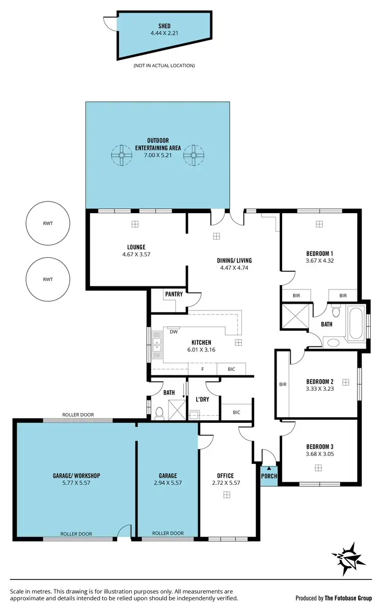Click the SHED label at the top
pos(163,26)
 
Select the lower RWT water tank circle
pos(48,279)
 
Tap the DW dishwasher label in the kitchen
pos(173,332)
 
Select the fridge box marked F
pos(203,369)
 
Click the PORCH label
pos(269,476)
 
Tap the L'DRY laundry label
pos(203,399)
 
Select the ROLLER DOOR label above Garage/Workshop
pos(78,415)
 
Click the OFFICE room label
pos(225,476)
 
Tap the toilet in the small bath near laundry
pos(159,413)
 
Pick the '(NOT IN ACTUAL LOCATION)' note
pos(163,66)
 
